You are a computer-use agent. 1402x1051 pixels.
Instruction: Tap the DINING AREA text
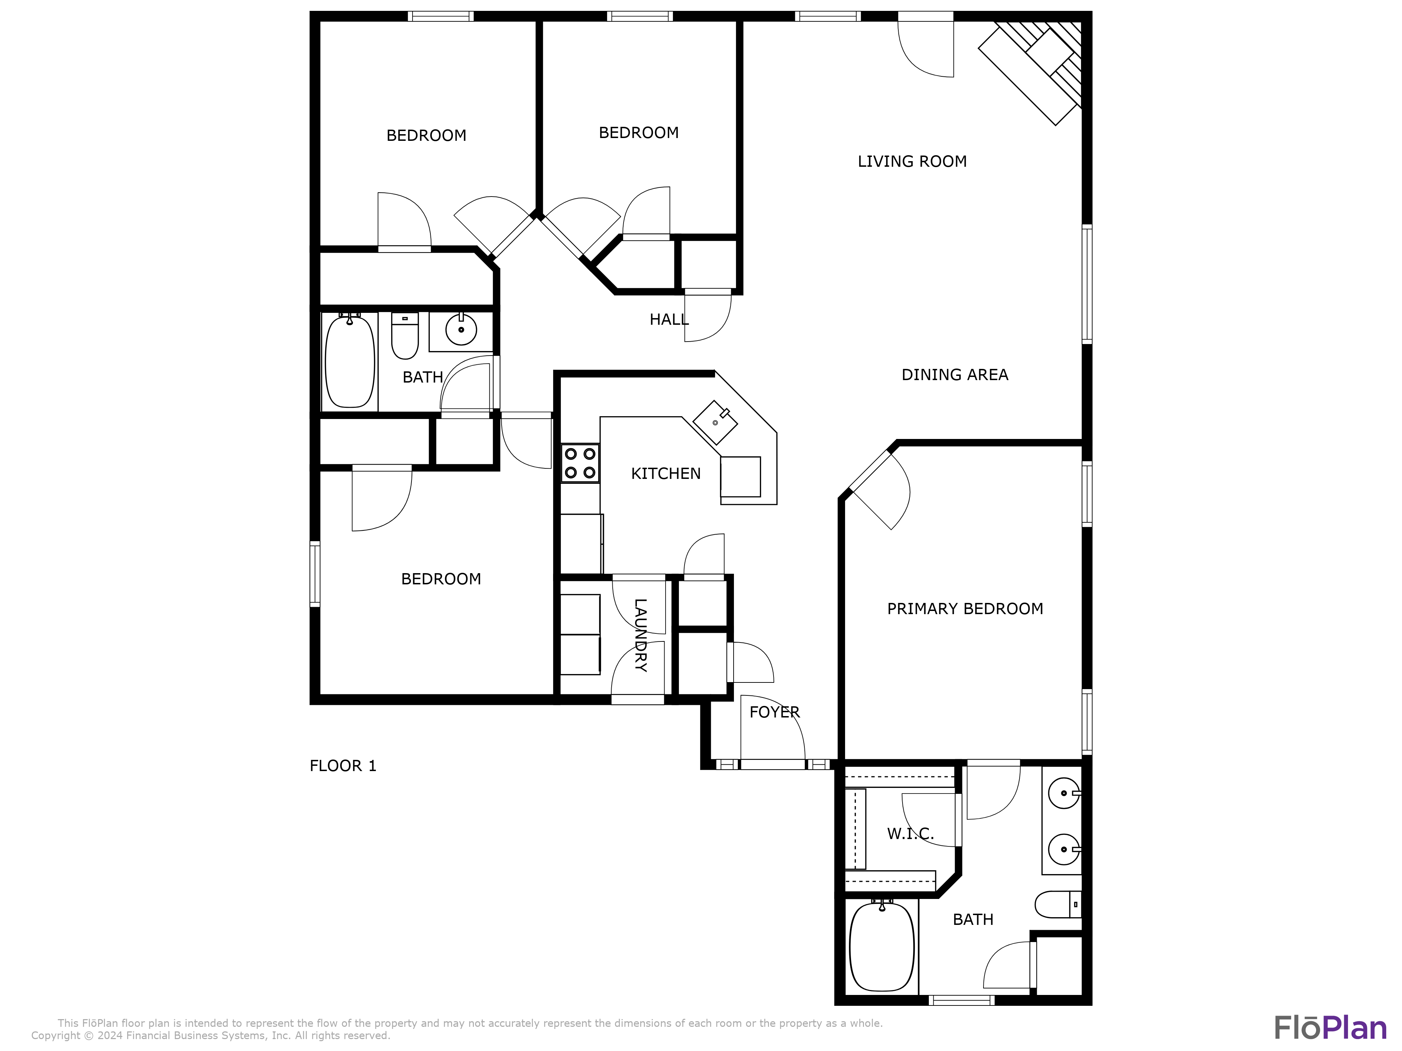tap(954, 375)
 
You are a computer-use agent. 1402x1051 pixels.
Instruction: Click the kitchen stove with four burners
tap(580, 463)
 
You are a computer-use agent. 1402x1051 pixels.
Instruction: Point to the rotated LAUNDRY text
tap(640, 636)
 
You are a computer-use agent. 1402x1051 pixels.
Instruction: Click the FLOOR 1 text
tap(342, 766)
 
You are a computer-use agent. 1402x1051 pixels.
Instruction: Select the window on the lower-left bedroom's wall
tap(314, 573)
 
